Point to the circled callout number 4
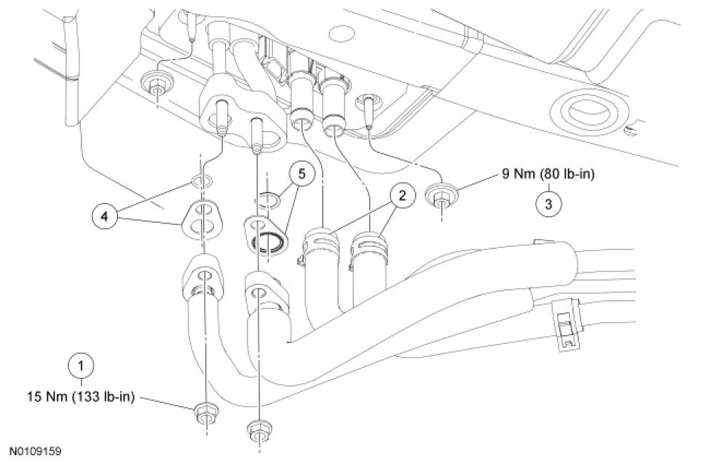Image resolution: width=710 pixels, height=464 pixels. tap(105, 216)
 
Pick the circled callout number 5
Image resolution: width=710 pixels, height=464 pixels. tap(299, 176)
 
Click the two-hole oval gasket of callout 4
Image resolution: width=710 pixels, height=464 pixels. tap(200, 219)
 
